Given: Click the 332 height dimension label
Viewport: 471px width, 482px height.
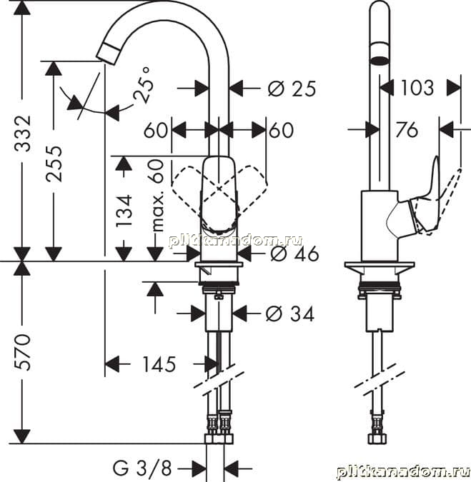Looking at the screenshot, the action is coord(23,134).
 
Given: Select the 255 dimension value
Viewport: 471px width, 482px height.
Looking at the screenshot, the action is coord(54,164).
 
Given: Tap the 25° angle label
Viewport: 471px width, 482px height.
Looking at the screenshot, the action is coord(143,85).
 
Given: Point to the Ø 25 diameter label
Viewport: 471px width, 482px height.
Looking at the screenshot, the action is coord(292,89).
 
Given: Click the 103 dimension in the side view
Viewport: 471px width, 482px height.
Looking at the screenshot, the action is coord(417,88).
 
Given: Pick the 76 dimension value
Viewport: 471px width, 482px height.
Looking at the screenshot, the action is coord(407,129).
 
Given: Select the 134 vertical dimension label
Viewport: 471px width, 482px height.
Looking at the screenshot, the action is coord(124,211).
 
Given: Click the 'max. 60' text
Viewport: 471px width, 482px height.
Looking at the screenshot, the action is coord(158,196).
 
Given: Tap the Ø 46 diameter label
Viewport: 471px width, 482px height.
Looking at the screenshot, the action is coord(294,254).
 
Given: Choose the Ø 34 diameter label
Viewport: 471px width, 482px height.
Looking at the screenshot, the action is coord(289,314).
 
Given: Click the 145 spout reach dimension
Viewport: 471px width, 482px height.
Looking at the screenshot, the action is coord(159,365).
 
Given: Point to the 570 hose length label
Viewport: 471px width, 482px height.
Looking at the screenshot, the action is coord(23,352).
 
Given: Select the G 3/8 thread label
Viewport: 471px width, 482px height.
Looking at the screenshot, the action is coord(142,468).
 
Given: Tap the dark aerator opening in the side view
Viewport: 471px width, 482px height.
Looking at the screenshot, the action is coord(380,60).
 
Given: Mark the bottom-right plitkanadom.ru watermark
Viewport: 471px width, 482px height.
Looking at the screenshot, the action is coord(403,471).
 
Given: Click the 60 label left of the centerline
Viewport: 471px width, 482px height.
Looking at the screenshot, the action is coord(156,130).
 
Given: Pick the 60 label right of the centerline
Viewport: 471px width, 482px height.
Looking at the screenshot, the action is coord(281,130).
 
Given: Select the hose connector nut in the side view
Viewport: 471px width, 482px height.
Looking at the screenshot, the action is coord(377,438).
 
